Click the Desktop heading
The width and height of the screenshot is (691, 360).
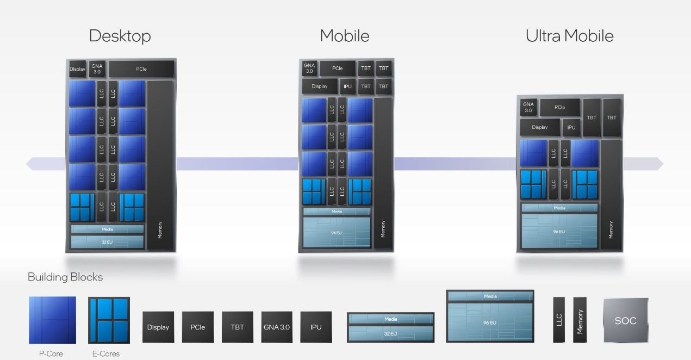(x=120, y=36)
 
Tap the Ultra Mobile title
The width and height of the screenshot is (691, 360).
(x=569, y=36)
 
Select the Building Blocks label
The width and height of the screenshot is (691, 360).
(x=65, y=277)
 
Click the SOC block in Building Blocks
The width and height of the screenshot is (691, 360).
(x=626, y=320)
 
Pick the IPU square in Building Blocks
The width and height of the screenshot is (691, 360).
(x=316, y=327)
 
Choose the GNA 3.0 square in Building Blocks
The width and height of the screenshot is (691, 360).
(x=276, y=327)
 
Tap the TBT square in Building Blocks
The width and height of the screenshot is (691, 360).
(x=237, y=327)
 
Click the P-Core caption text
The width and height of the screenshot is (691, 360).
(x=51, y=354)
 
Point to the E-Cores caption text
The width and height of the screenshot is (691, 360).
(x=106, y=354)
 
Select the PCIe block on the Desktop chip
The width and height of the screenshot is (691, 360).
(x=141, y=69)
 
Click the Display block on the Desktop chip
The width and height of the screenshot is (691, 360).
(x=77, y=69)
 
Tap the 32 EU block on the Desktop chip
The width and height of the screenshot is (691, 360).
(x=107, y=242)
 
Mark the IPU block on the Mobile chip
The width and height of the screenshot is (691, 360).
(x=347, y=86)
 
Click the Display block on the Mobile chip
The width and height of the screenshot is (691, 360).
(x=320, y=86)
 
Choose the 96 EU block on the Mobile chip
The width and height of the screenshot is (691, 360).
(x=337, y=233)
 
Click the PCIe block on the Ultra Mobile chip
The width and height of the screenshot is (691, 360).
(x=559, y=107)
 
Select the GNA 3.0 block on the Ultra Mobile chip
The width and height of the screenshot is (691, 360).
(x=528, y=107)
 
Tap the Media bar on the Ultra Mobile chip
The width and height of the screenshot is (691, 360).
(x=559, y=208)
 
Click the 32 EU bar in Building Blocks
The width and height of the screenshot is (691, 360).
(x=390, y=334)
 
